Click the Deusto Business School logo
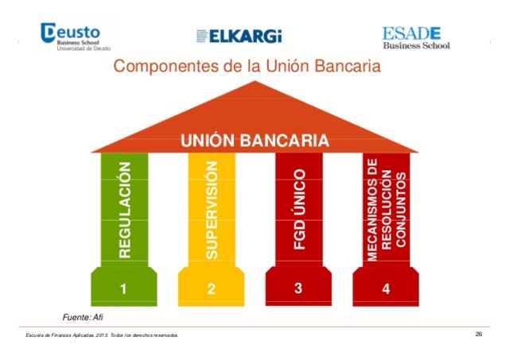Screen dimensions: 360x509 pos(75,36)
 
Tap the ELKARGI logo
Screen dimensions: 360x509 pos(239,37)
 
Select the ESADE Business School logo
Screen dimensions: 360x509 pos(416,37)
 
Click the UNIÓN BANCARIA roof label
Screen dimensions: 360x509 pos(254,141)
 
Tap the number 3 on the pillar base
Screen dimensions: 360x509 pos(298,289)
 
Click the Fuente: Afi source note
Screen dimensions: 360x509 pos(84,317)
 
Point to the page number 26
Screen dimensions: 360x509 pos(479,334)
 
